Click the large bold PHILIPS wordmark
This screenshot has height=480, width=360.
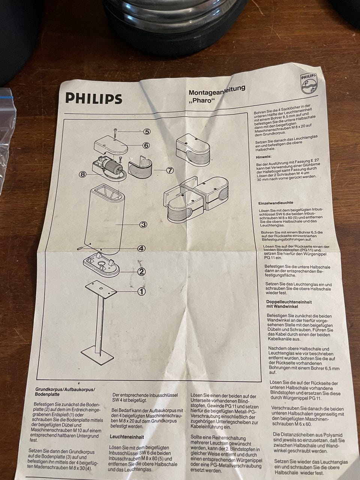tap(93, 98)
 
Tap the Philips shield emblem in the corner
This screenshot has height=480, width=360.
tap(308, 83)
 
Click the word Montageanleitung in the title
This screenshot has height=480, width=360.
tap(217, 90)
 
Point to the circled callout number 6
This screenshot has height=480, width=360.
tap(147, 145)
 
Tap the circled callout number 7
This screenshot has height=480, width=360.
tap(169, 170)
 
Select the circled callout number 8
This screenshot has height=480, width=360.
tap(82, 174)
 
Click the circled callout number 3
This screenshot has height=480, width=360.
tap(143, 224)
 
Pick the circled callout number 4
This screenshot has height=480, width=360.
tap(142, 248)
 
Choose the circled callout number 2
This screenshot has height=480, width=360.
tap(141, 271)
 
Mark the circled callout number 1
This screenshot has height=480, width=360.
tap(141, 291)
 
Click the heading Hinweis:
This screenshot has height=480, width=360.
tap(264, 157)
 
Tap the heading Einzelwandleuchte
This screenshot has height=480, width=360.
tap(276, 203)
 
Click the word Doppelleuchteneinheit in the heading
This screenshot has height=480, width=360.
tap(289, 302)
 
